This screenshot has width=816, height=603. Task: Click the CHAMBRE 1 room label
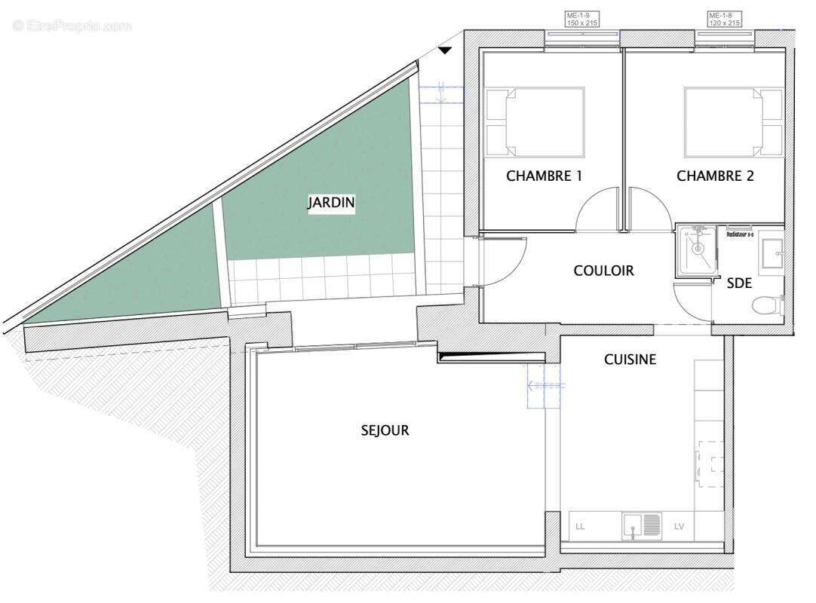[544, 176]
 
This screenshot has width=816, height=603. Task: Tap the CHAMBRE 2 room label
[715, 176]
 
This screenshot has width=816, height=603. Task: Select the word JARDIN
[331, 203]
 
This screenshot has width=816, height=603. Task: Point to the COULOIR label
[603, 271]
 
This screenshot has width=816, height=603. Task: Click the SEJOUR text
[385, 430]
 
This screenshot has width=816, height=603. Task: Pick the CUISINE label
[630, 360]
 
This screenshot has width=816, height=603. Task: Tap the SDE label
[739, 284]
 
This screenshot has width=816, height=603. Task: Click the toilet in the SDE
[767, 305]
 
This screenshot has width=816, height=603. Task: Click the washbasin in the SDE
[772, 252]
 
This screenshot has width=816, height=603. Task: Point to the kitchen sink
[642, 525]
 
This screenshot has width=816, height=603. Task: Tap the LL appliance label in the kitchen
[580, 526]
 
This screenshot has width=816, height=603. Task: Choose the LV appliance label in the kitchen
[679, 526]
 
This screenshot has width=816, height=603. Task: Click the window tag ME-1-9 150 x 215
[582, 19]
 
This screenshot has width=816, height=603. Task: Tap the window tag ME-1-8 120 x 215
[724, 19]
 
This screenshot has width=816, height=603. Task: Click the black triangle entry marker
[445, 51]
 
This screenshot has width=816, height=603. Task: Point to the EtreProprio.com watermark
[72, 26]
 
